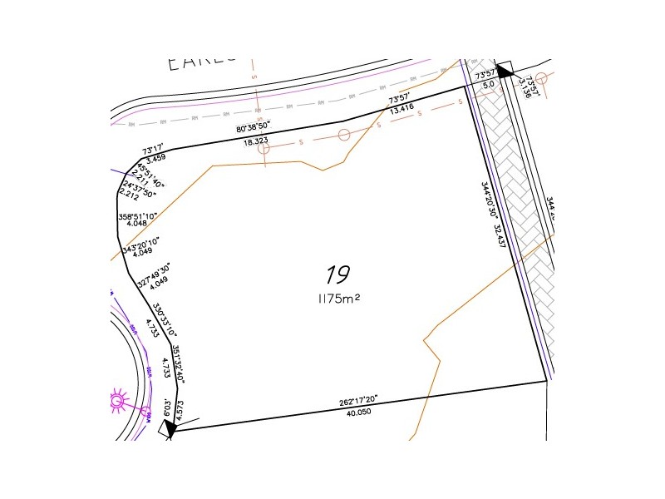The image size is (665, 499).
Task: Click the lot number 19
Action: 337,274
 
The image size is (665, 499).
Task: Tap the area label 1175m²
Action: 337,298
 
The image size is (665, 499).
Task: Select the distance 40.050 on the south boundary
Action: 362,412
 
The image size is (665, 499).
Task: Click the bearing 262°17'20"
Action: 359,400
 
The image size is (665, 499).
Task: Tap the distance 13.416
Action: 401,107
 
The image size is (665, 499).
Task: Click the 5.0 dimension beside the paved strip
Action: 488,85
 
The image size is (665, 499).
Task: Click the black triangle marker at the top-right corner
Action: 504,70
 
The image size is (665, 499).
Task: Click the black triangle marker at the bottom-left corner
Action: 169,428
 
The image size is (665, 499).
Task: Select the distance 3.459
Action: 155,157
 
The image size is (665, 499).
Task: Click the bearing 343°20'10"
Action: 140,247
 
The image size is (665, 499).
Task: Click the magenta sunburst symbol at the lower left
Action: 117,403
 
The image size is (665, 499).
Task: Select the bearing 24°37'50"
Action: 138,188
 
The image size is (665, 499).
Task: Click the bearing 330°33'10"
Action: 164,318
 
